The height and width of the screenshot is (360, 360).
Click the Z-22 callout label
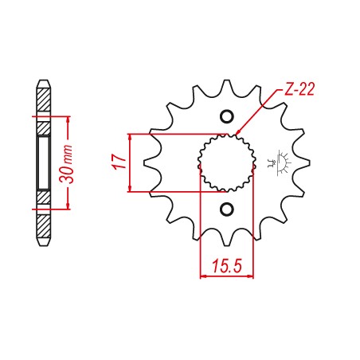[x=299, y=89]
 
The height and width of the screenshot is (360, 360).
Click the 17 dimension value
[x=119, y=162]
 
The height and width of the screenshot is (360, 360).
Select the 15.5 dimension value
[x=227, y=266]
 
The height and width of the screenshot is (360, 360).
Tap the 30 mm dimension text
[x=66, y=164]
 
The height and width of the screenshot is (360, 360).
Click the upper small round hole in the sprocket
[x=227, y=116]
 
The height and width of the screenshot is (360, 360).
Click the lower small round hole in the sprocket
[x=227, y=209]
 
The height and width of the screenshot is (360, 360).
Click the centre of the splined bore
[x=227, y=163]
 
